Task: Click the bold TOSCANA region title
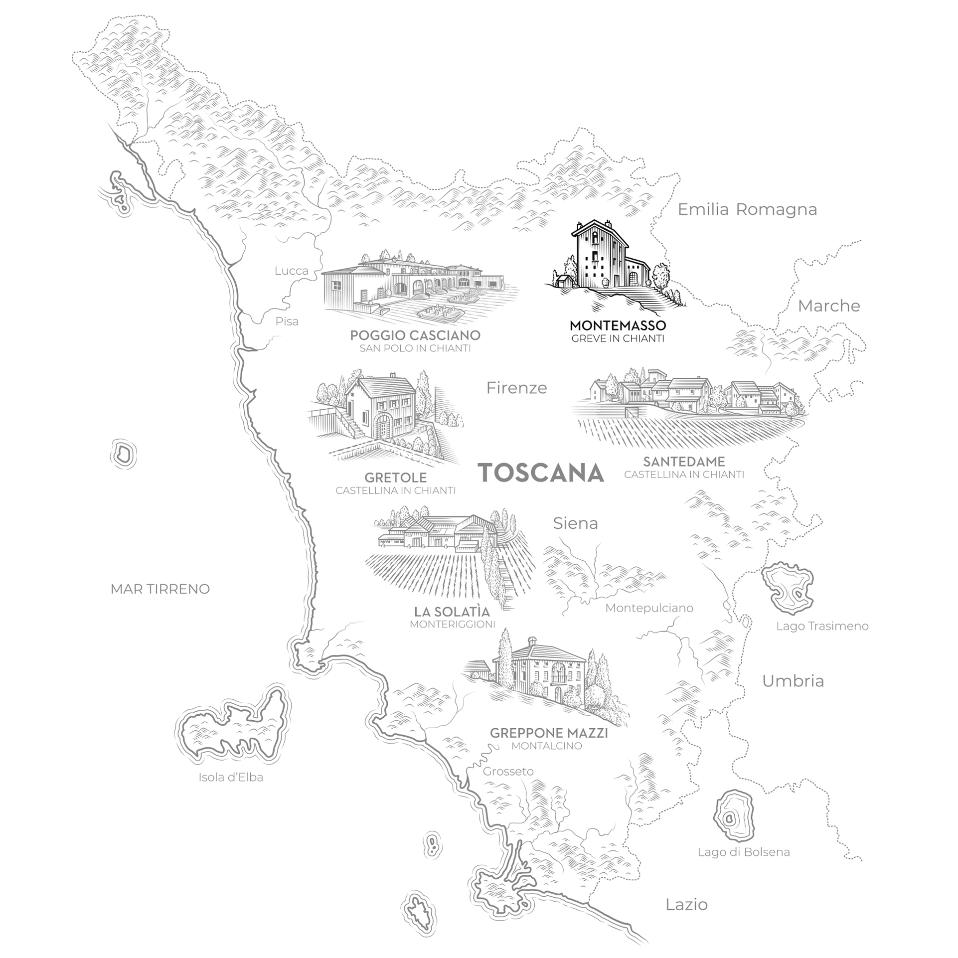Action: pyautogui.click(x=541, y=473)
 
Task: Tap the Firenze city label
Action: pyautogui.click(x=516, y=388)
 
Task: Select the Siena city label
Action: pyautogui.click(x=575, y=523)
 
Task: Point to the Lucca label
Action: pyautogui.click(x=292, y=271)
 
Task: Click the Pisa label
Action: pyautogui.click(x=287, y=321)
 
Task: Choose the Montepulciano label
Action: pyautogui.click(x=649, y=608)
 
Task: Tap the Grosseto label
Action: pyautogui.click(x=508, y=772)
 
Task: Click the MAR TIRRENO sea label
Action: pyautogui.click(x=160, y=589)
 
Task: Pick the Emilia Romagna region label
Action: pyautogui.click(x=747, y=209)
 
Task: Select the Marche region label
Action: pyautogui.click(x=829, y=306)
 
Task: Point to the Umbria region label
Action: pyautogui.click(x=793, y=681)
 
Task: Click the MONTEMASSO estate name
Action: pyautogui.click(x=618, y=325)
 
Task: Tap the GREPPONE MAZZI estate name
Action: pyautogui.click(x=549, y=733)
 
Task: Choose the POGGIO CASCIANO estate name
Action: pyautogui.click(x=415, y=335)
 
